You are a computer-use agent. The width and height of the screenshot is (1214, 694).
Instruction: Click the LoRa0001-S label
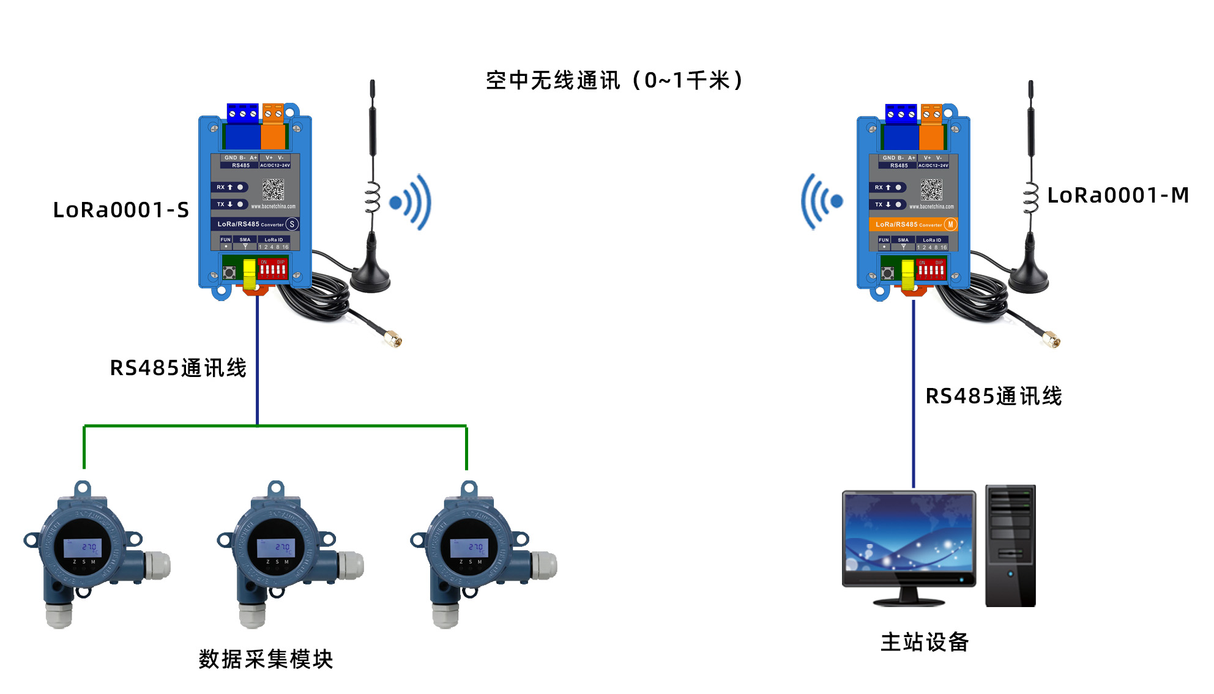(x=121, y=210)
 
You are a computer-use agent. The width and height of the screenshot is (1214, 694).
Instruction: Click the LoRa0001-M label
(x=1117, y=195)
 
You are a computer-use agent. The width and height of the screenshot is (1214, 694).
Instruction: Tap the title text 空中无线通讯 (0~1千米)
(x=614, y=80)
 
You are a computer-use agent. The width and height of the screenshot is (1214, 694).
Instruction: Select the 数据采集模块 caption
(x=266, y=659)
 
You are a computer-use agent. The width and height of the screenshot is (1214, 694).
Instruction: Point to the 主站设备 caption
(x=924, y=642)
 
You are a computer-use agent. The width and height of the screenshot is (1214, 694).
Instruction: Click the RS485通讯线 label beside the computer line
(x=993, y=396)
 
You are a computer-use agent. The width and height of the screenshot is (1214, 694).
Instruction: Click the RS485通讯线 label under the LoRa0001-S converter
(x=178, y=368)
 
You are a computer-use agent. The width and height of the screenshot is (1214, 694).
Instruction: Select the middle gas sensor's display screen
(x=277, y=547)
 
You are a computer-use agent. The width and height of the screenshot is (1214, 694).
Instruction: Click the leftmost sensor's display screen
(x=83, y=547)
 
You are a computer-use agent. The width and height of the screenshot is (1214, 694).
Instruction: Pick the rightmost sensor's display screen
(x=470, y=547)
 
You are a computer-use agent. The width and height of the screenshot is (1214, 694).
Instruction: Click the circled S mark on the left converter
(x=292, y=224)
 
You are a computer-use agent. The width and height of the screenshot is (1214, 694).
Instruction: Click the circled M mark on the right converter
(x=950, y=225)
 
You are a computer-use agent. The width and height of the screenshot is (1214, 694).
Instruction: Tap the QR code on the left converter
(x=274, y=189)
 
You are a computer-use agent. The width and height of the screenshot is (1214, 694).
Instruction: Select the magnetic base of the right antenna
(x=1028, y=280)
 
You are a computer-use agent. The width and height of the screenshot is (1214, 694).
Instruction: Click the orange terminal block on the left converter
(x=274, y=128)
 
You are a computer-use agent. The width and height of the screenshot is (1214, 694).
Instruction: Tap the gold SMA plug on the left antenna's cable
(x=393, y=338)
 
